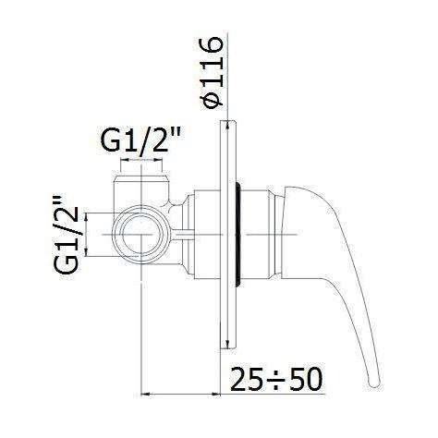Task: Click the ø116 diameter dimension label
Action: click(x=212, y=73)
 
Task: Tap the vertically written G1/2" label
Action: click(x=66, y=234)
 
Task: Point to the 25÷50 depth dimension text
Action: click(x=276, y=379)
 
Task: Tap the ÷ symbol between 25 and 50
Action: click(x=276, y=380)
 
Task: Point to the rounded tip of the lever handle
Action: click(x=375, y=383)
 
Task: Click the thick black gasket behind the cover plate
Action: click(x=238, y=235)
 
